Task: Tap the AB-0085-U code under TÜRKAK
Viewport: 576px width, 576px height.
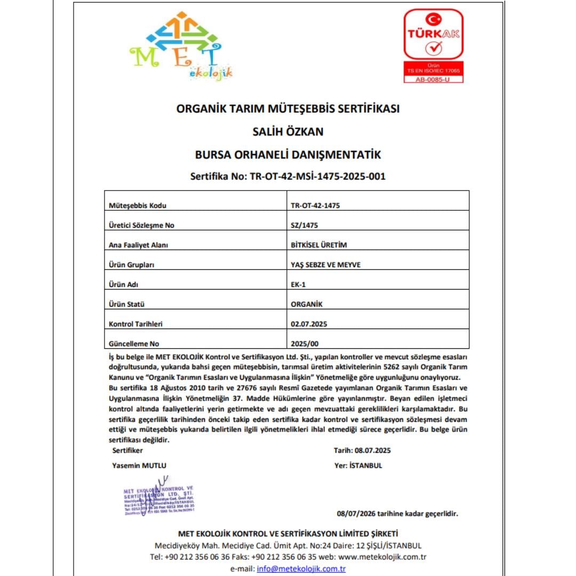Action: click(x=433, y=79)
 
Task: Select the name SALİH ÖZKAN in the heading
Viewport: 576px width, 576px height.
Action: click(x=288, y=131)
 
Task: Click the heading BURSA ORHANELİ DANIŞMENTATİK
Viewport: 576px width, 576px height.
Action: click(x=288, y=155)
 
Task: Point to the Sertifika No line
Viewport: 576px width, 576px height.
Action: click(x=288, y=177)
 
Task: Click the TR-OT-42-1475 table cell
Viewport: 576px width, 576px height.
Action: click(x=315, y=205)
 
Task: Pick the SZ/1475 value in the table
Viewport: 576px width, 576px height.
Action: click(x=304, y=225)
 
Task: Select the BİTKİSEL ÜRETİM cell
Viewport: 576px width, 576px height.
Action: click(x=319, y=245)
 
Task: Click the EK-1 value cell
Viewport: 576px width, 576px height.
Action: click(x=298, y=284)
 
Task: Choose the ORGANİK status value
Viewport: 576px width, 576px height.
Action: click(x=307, y=304)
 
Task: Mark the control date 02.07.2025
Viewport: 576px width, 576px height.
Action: click(x=308, y=324)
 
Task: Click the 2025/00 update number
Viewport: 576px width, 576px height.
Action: click(x=305, y=343)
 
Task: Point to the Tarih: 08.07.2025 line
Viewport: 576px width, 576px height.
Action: click(x=362, y=450)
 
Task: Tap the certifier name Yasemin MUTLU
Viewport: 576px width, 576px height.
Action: click(x=139, y=465)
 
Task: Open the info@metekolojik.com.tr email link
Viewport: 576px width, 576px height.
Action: click(x=301, y=569)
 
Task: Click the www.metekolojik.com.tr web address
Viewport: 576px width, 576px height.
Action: click(x=382, y=557)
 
